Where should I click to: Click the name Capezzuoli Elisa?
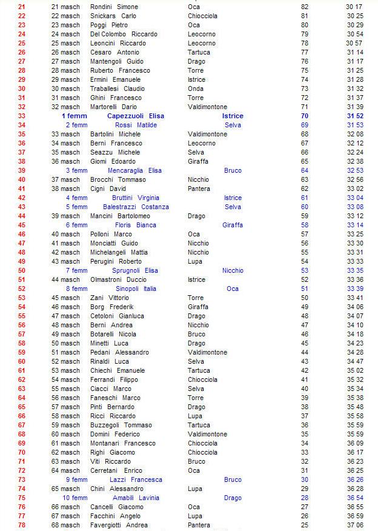[x=135, y=116]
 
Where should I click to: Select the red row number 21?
[x=22, y=7]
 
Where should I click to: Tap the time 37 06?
[x=355, y=525]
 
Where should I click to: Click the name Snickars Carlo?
[x=113, y=16]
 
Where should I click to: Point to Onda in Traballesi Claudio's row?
[x=195, y=88]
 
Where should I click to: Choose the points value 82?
[x=305, y=7]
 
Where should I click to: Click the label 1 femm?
[x=75, y=116]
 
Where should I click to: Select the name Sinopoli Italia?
[x=132, y=289]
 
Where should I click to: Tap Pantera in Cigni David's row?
[x=199, y=189]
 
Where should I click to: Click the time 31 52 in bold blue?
[x=355, y=116]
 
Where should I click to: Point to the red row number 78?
[x=22, y=525]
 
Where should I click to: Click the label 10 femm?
[x=75, y=498]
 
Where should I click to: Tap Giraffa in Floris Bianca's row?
[x=233, y=225]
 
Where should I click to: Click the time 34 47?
[x=355, y=361]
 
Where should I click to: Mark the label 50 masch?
[x=65, y=343]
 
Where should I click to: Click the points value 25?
[x=305, y=525]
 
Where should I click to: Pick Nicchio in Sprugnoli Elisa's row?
[x=233, y=270]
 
